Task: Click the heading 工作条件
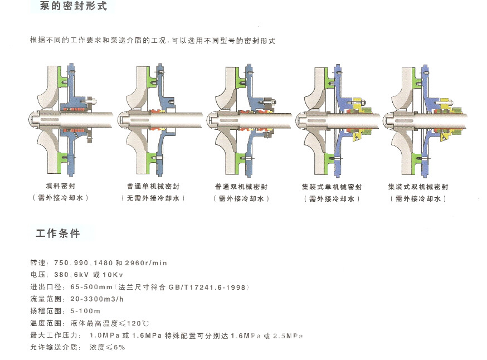(58, 233)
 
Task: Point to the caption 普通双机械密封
(241, 187)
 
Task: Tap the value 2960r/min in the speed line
(147, 262)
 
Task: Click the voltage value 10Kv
(111, 275)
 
